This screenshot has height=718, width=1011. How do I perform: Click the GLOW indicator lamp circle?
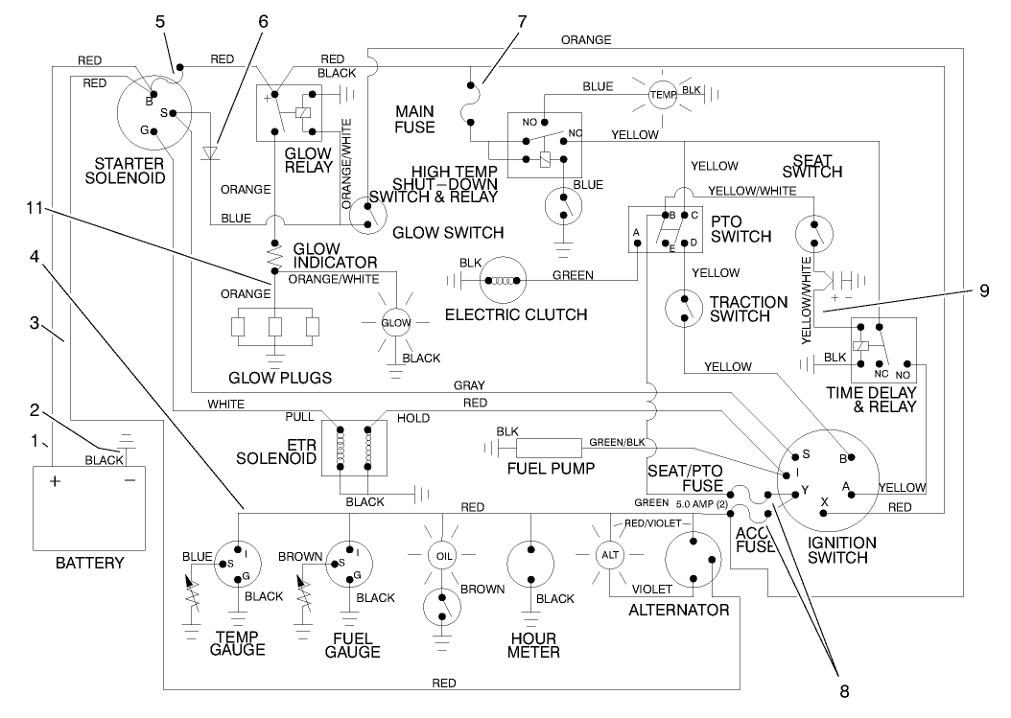point(396,322)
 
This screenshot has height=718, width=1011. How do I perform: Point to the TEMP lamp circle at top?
point(663,94)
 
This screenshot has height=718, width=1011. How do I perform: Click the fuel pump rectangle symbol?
point(550,447)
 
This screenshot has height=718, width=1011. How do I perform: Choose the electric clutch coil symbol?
point(503,281)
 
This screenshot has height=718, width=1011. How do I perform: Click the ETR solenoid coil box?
point(353,447)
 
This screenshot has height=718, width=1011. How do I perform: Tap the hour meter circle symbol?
point(528,565)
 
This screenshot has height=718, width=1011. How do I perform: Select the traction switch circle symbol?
point(685,308)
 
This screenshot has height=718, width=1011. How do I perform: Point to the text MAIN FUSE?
point(414,119)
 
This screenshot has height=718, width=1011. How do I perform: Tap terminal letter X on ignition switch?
point(825,500)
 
